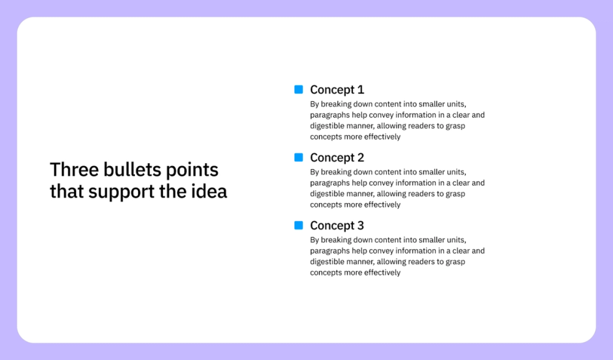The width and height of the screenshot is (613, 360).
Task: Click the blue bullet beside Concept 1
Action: [x=299, y=90]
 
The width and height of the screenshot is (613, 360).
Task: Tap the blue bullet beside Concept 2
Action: [x=299, y=158]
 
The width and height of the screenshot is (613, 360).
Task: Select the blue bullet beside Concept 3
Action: [x=299, y=226]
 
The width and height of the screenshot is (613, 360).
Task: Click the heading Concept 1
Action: [x=337, y=90]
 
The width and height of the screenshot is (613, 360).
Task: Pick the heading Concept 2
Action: [x=337, y=158]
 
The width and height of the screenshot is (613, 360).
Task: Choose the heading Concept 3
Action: [x=337, y=226]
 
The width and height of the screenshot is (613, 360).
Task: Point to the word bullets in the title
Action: [x=129, y=169]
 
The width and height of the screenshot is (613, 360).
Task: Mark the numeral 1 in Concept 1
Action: [x=360, y=90]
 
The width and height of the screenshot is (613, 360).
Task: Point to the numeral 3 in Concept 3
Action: [x=360, y=226]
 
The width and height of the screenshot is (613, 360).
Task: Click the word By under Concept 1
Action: [x=314, y=104]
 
